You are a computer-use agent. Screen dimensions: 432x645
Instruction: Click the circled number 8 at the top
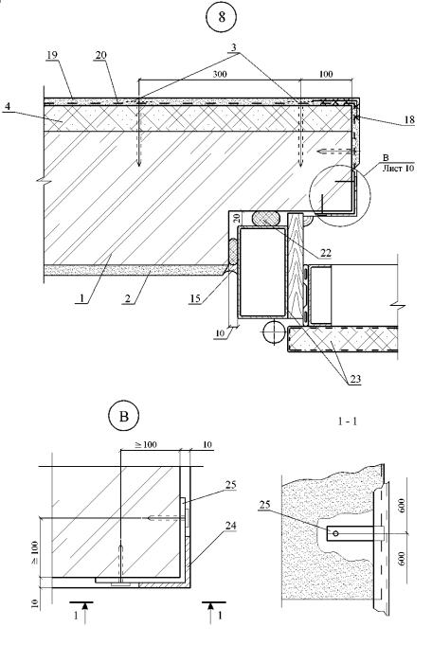222,17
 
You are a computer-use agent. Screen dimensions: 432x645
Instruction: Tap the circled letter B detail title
123,416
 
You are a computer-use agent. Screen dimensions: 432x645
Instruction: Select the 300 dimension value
220,74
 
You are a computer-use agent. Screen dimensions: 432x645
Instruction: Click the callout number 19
52,55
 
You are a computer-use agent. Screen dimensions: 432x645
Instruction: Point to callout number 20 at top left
100,55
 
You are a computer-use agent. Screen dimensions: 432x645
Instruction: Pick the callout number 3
234,47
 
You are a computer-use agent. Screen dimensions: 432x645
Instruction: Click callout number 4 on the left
8,106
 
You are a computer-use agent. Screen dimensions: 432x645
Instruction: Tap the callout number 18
409,119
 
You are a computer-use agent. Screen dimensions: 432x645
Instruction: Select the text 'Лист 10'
398,169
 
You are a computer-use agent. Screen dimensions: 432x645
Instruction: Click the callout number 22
326,253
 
